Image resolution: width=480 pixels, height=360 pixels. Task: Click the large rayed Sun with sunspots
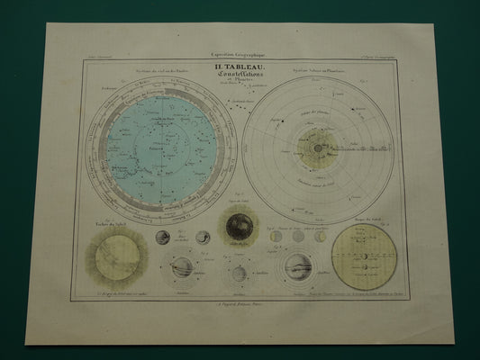[x=118, y=257]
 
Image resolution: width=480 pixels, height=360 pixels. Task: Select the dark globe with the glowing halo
[x=240, y=227]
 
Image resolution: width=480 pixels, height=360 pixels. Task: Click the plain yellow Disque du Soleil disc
[x=364, y=256]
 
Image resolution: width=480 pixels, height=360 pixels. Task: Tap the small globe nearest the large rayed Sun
[x=162, y=238]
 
